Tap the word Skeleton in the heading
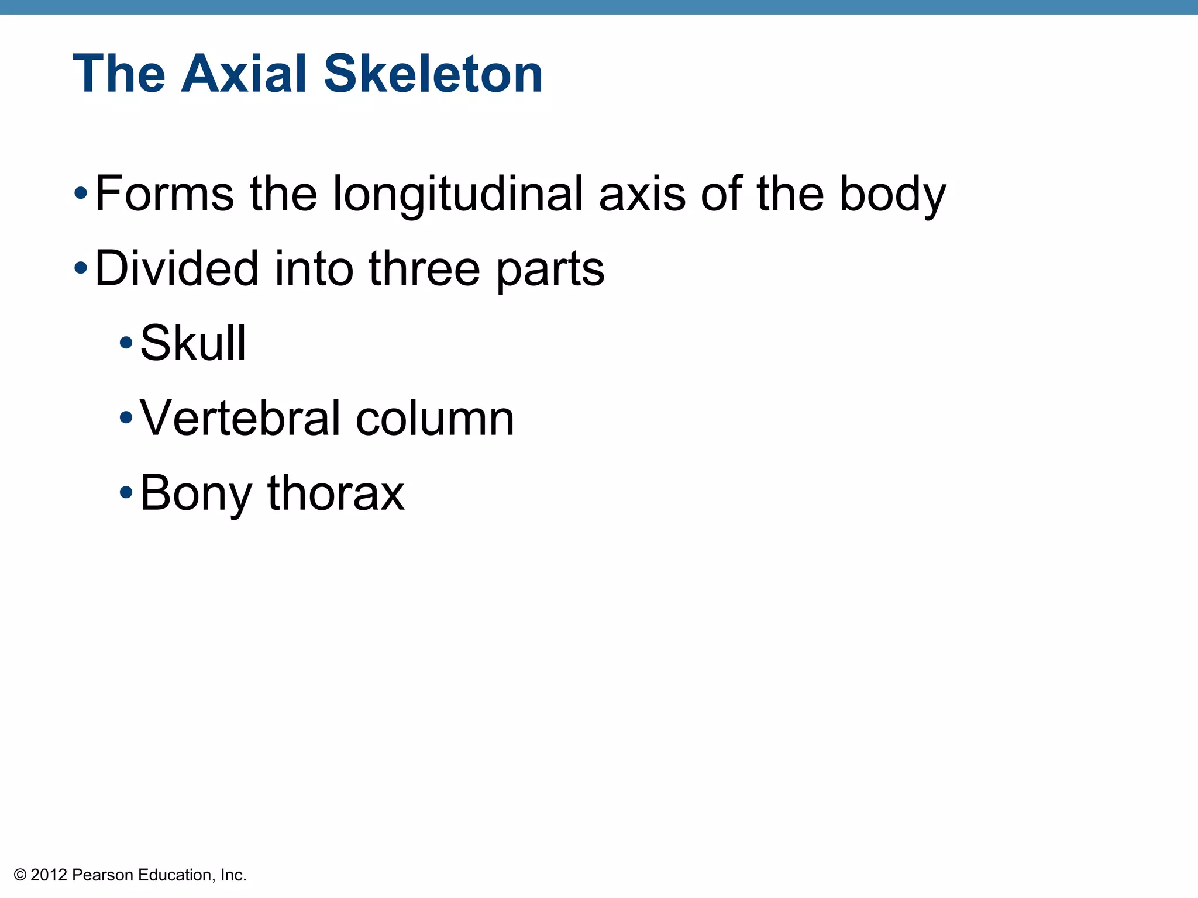(x=433, y=74)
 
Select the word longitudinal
(x=458, y=194)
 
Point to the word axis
(x=642, y=194)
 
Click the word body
(x=893, y=195)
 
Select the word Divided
(x=176, y=268)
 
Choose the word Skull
(x=193, y=343)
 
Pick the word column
(x=435, y=418)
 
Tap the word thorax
(x=336, y=493)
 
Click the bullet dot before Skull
(x=125, y=343)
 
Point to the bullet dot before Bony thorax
(x=125, y=492)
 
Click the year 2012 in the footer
(x=49, y=875)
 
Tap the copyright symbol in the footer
(x=20, y=875)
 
